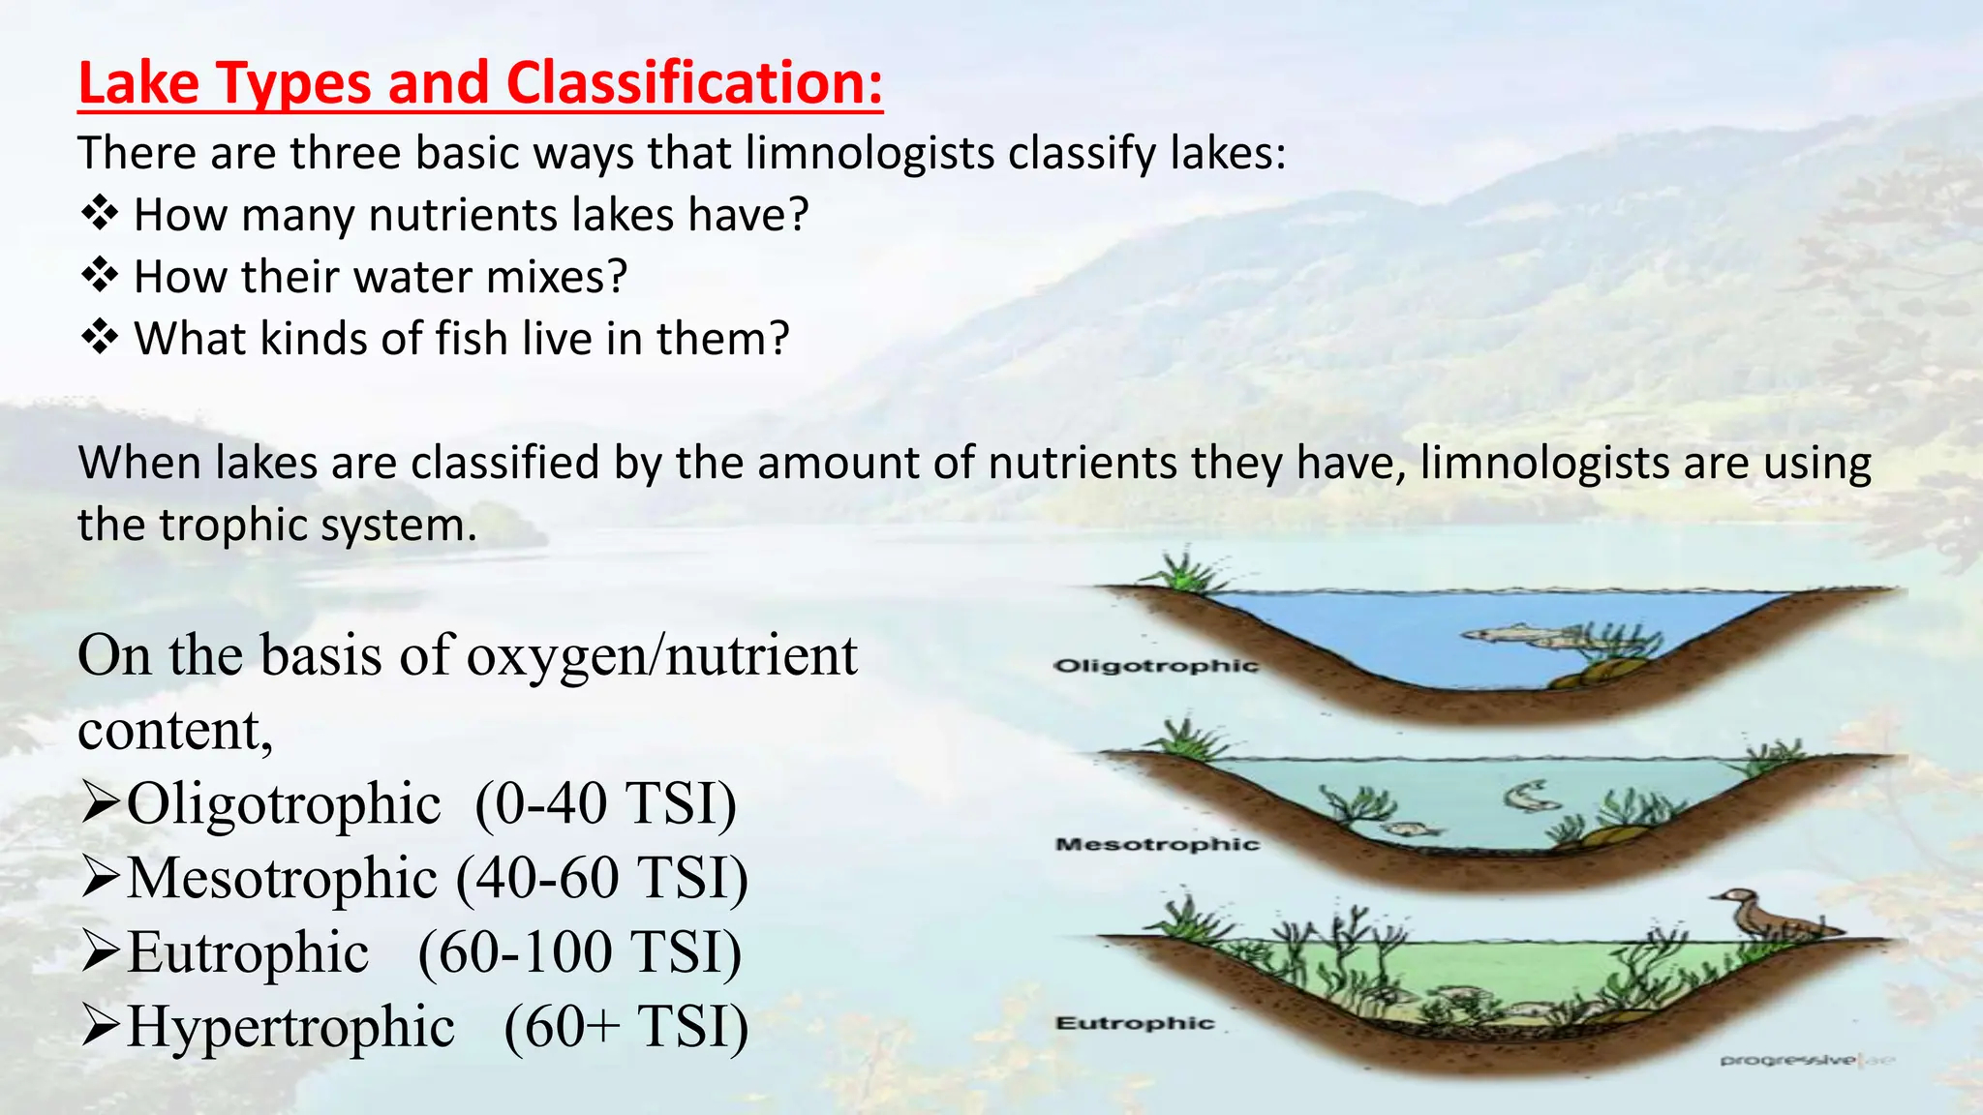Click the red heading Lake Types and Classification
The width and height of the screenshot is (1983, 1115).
479,83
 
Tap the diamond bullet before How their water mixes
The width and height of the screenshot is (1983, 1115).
99,276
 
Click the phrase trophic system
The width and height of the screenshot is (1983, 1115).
318,525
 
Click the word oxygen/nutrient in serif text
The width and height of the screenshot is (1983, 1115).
662,655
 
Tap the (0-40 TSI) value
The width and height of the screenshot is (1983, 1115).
606,803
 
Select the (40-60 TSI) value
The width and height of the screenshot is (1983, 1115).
601,878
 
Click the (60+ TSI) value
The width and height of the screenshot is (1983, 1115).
625,1026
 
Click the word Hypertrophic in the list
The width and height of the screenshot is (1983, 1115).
290,1026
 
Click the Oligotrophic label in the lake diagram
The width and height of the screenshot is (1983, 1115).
1155,666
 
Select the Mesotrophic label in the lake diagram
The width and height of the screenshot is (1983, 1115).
1157,844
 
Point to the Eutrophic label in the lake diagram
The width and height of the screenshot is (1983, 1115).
1134,1023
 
